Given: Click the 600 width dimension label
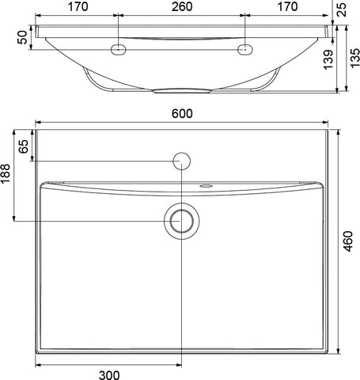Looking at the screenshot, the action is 182,114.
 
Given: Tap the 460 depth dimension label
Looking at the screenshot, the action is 348,241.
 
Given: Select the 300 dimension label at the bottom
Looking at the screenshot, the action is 109,375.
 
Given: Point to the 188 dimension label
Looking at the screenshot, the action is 5,173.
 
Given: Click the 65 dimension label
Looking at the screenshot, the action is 23,146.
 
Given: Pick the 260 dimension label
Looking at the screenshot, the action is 182,6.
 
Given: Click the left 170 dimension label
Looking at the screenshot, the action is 78,6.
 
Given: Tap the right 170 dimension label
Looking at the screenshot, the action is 287,6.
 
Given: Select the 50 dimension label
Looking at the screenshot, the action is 22,37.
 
